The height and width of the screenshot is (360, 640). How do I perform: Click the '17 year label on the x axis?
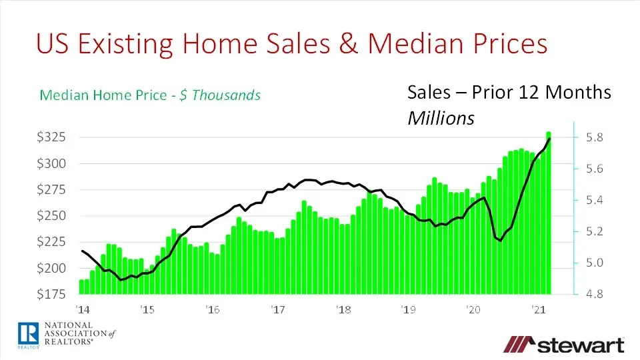click(278, 309)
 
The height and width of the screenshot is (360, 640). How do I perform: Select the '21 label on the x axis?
click(539, 309)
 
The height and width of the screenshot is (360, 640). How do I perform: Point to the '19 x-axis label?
click(409, 309)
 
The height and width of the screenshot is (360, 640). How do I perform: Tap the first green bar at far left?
click(81, 286)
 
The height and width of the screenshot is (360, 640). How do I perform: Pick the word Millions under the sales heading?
click(441, 119)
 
